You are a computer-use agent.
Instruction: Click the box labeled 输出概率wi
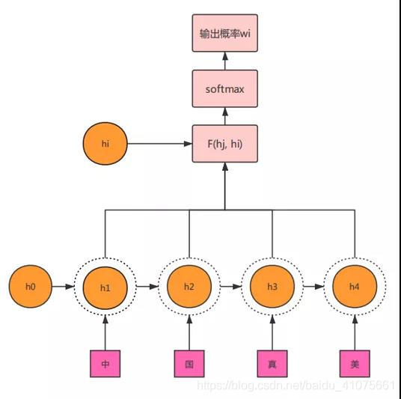tap(224, 34)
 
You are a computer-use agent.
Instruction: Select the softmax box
tap(224, 89)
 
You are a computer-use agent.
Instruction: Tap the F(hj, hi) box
tap(224, 144)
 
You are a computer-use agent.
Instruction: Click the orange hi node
tap(105, 144)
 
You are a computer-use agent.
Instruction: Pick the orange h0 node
tap(31, 287)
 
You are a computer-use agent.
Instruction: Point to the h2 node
tap(189, 287)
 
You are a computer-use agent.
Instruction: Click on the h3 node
tap(272, 287)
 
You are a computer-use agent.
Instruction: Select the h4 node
tap(355, 287)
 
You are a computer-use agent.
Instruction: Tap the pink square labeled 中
tap(105, 365)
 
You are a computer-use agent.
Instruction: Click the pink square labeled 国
tap(189, 365)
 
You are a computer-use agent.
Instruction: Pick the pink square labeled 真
tap(272, 365)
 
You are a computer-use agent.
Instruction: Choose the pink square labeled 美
tap(355, 365)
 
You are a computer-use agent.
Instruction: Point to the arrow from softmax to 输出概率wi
tap(224, 61)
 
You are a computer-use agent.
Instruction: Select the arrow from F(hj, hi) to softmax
tap(224, 116)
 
